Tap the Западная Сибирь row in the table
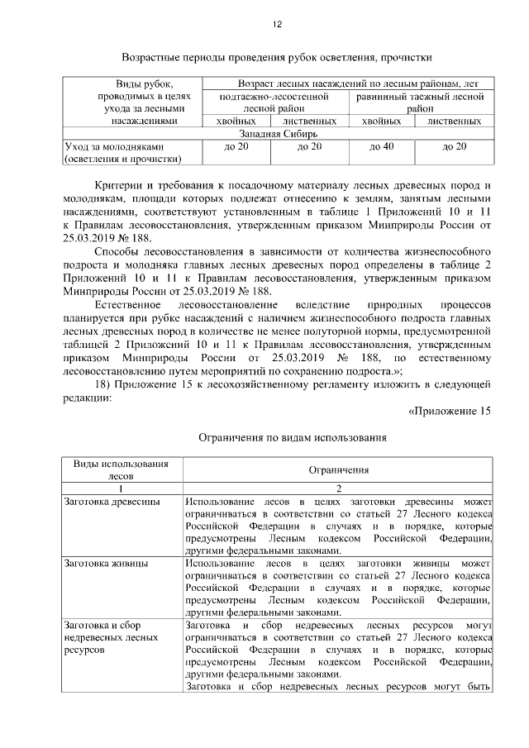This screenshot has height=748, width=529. [x=278, y=133]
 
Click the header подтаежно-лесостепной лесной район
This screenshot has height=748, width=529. [x=274, y=102]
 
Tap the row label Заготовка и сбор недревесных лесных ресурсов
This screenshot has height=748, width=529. [x=111, y=638]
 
